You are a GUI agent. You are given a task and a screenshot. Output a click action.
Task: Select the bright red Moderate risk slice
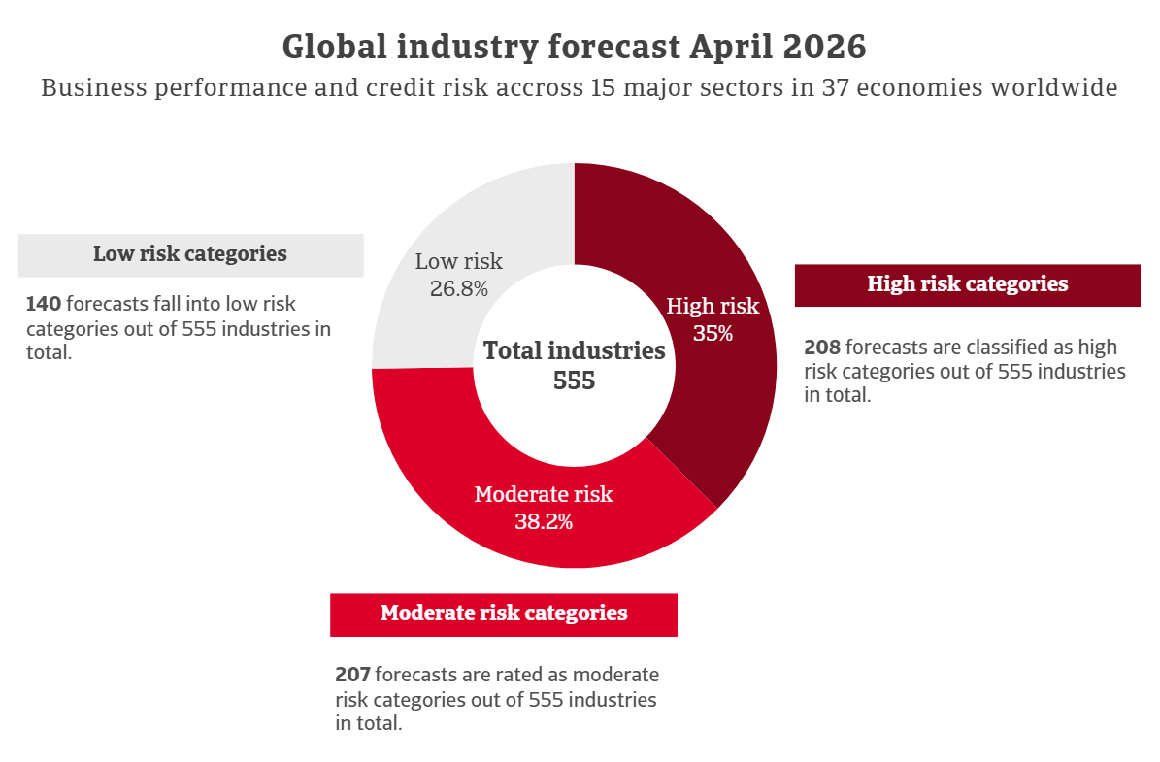point(456,456)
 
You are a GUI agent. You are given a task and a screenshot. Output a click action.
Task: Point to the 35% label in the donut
point(713,333)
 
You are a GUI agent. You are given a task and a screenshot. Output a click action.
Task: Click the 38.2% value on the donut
point(544,521)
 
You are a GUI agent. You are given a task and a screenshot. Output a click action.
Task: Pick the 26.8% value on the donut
point(458,287)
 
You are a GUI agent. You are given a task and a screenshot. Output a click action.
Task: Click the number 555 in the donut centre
point(574,381)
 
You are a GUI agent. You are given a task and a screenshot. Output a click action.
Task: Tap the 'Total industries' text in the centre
point(574,350)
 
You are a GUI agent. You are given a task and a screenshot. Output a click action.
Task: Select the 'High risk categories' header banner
point(967,284)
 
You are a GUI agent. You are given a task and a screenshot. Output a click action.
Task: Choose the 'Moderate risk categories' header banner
point(503,613)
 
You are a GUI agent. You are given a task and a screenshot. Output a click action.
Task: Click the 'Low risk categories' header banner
point(190,254)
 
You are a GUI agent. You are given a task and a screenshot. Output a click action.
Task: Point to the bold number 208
point(821,348)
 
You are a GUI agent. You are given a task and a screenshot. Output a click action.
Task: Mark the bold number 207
point(352,675)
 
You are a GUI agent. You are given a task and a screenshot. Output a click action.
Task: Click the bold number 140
point(44,303)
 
